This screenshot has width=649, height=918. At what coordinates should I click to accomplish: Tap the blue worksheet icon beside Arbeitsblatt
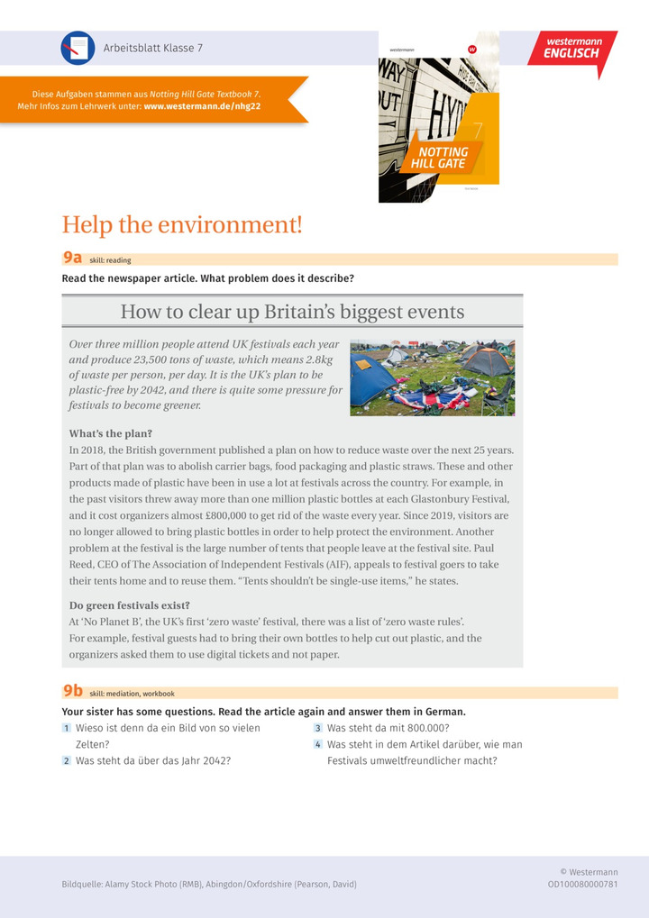click(x=78, y=48)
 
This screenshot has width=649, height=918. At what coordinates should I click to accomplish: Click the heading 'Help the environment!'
click(x=181, y=224)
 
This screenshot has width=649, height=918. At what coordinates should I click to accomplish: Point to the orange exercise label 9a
click(x=72, y=259)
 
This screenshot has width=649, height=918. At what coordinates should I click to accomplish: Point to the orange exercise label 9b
click(x=72, y=692)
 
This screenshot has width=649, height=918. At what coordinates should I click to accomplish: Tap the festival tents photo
click(x=432, y=377)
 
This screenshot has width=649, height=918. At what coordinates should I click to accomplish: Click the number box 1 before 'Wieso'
click(x=67, y=728)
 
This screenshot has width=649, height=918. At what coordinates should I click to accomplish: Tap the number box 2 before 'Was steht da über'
click(x=67, y=760)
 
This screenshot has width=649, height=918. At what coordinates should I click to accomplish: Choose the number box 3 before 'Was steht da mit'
click(x=318, y=728)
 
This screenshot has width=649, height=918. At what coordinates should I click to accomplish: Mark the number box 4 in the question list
click(x=318, y=745)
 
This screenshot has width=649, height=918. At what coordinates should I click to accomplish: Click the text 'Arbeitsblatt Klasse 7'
click(x=153, y=48)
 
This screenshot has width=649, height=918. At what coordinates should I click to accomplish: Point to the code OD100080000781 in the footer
click(x=582, y=885)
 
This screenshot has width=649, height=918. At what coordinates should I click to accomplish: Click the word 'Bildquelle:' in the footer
click(x=81, y=885)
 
